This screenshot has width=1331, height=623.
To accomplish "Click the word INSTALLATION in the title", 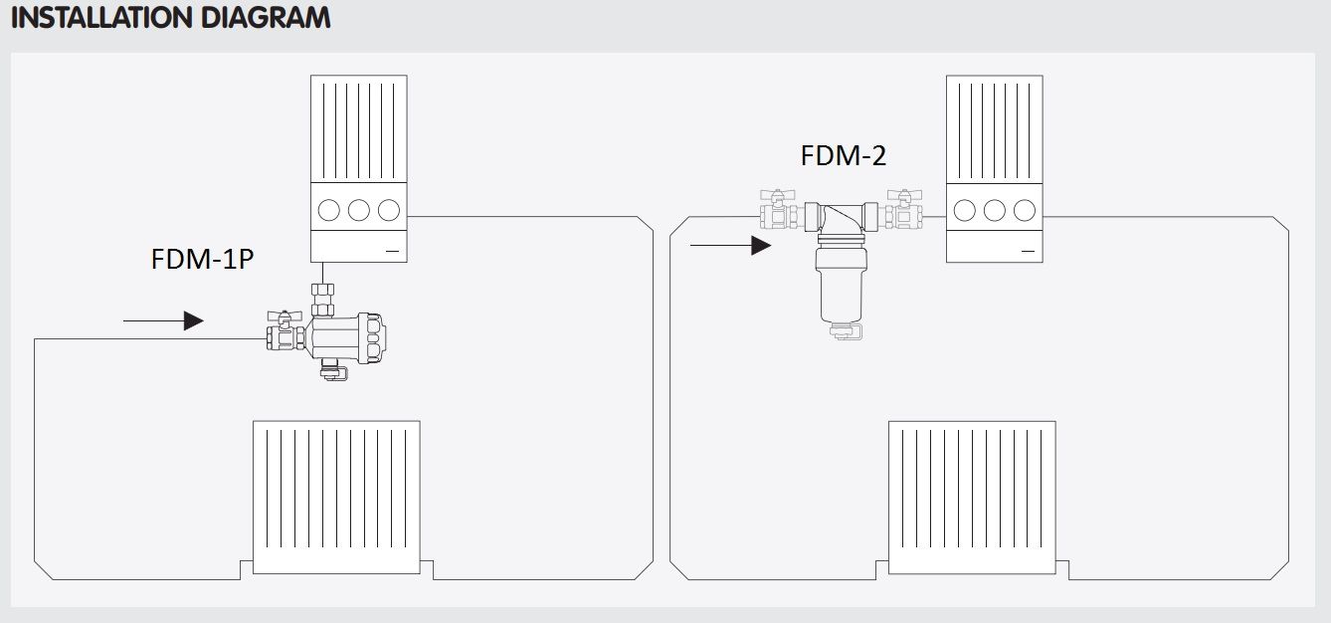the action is pos(101,17).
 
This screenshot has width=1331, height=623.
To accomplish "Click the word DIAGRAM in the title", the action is pos(266,17).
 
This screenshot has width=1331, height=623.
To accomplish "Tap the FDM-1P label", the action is pos(203,259).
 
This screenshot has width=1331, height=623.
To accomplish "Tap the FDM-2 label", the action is pos(844,155).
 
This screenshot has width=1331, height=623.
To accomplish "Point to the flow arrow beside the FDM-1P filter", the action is pos(163,321).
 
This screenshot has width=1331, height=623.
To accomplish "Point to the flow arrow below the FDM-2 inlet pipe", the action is pos(731,245).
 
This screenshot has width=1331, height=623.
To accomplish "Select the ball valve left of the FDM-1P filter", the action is pos(285,331).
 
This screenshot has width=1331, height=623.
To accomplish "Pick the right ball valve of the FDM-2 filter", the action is pos(904,209).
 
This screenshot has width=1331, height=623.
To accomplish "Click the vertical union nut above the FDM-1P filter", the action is pos(322,300).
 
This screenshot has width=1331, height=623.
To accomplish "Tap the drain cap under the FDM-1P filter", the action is pos(333,369).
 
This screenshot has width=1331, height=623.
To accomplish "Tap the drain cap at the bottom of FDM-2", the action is pos(846,331).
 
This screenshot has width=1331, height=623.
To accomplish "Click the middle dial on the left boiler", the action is pos(359,210).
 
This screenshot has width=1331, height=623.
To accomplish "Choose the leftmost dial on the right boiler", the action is pos(964,210).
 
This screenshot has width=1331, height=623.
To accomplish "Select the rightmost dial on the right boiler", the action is pos(1025,210).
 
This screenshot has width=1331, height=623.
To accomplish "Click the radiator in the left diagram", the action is pos(336,498).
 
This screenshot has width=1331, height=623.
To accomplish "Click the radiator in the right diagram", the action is pos(972,498).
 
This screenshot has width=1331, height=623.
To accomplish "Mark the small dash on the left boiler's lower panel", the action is pos(392,251).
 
